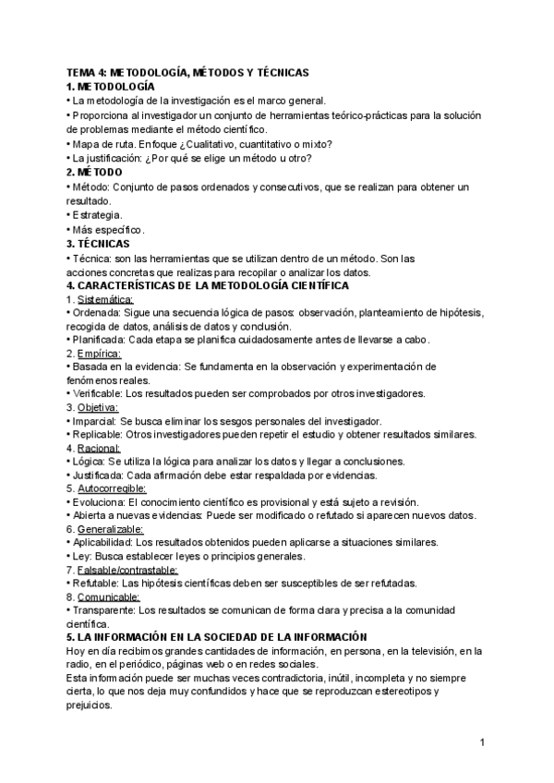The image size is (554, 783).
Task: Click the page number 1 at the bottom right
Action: coord(483,742)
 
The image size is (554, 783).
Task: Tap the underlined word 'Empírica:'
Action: coord(100,353)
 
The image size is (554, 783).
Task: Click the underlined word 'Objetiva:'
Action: coord(100,406)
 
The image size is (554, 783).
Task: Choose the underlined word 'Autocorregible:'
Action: coord(113,488)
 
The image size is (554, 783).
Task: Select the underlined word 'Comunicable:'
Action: coord(110,596)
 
